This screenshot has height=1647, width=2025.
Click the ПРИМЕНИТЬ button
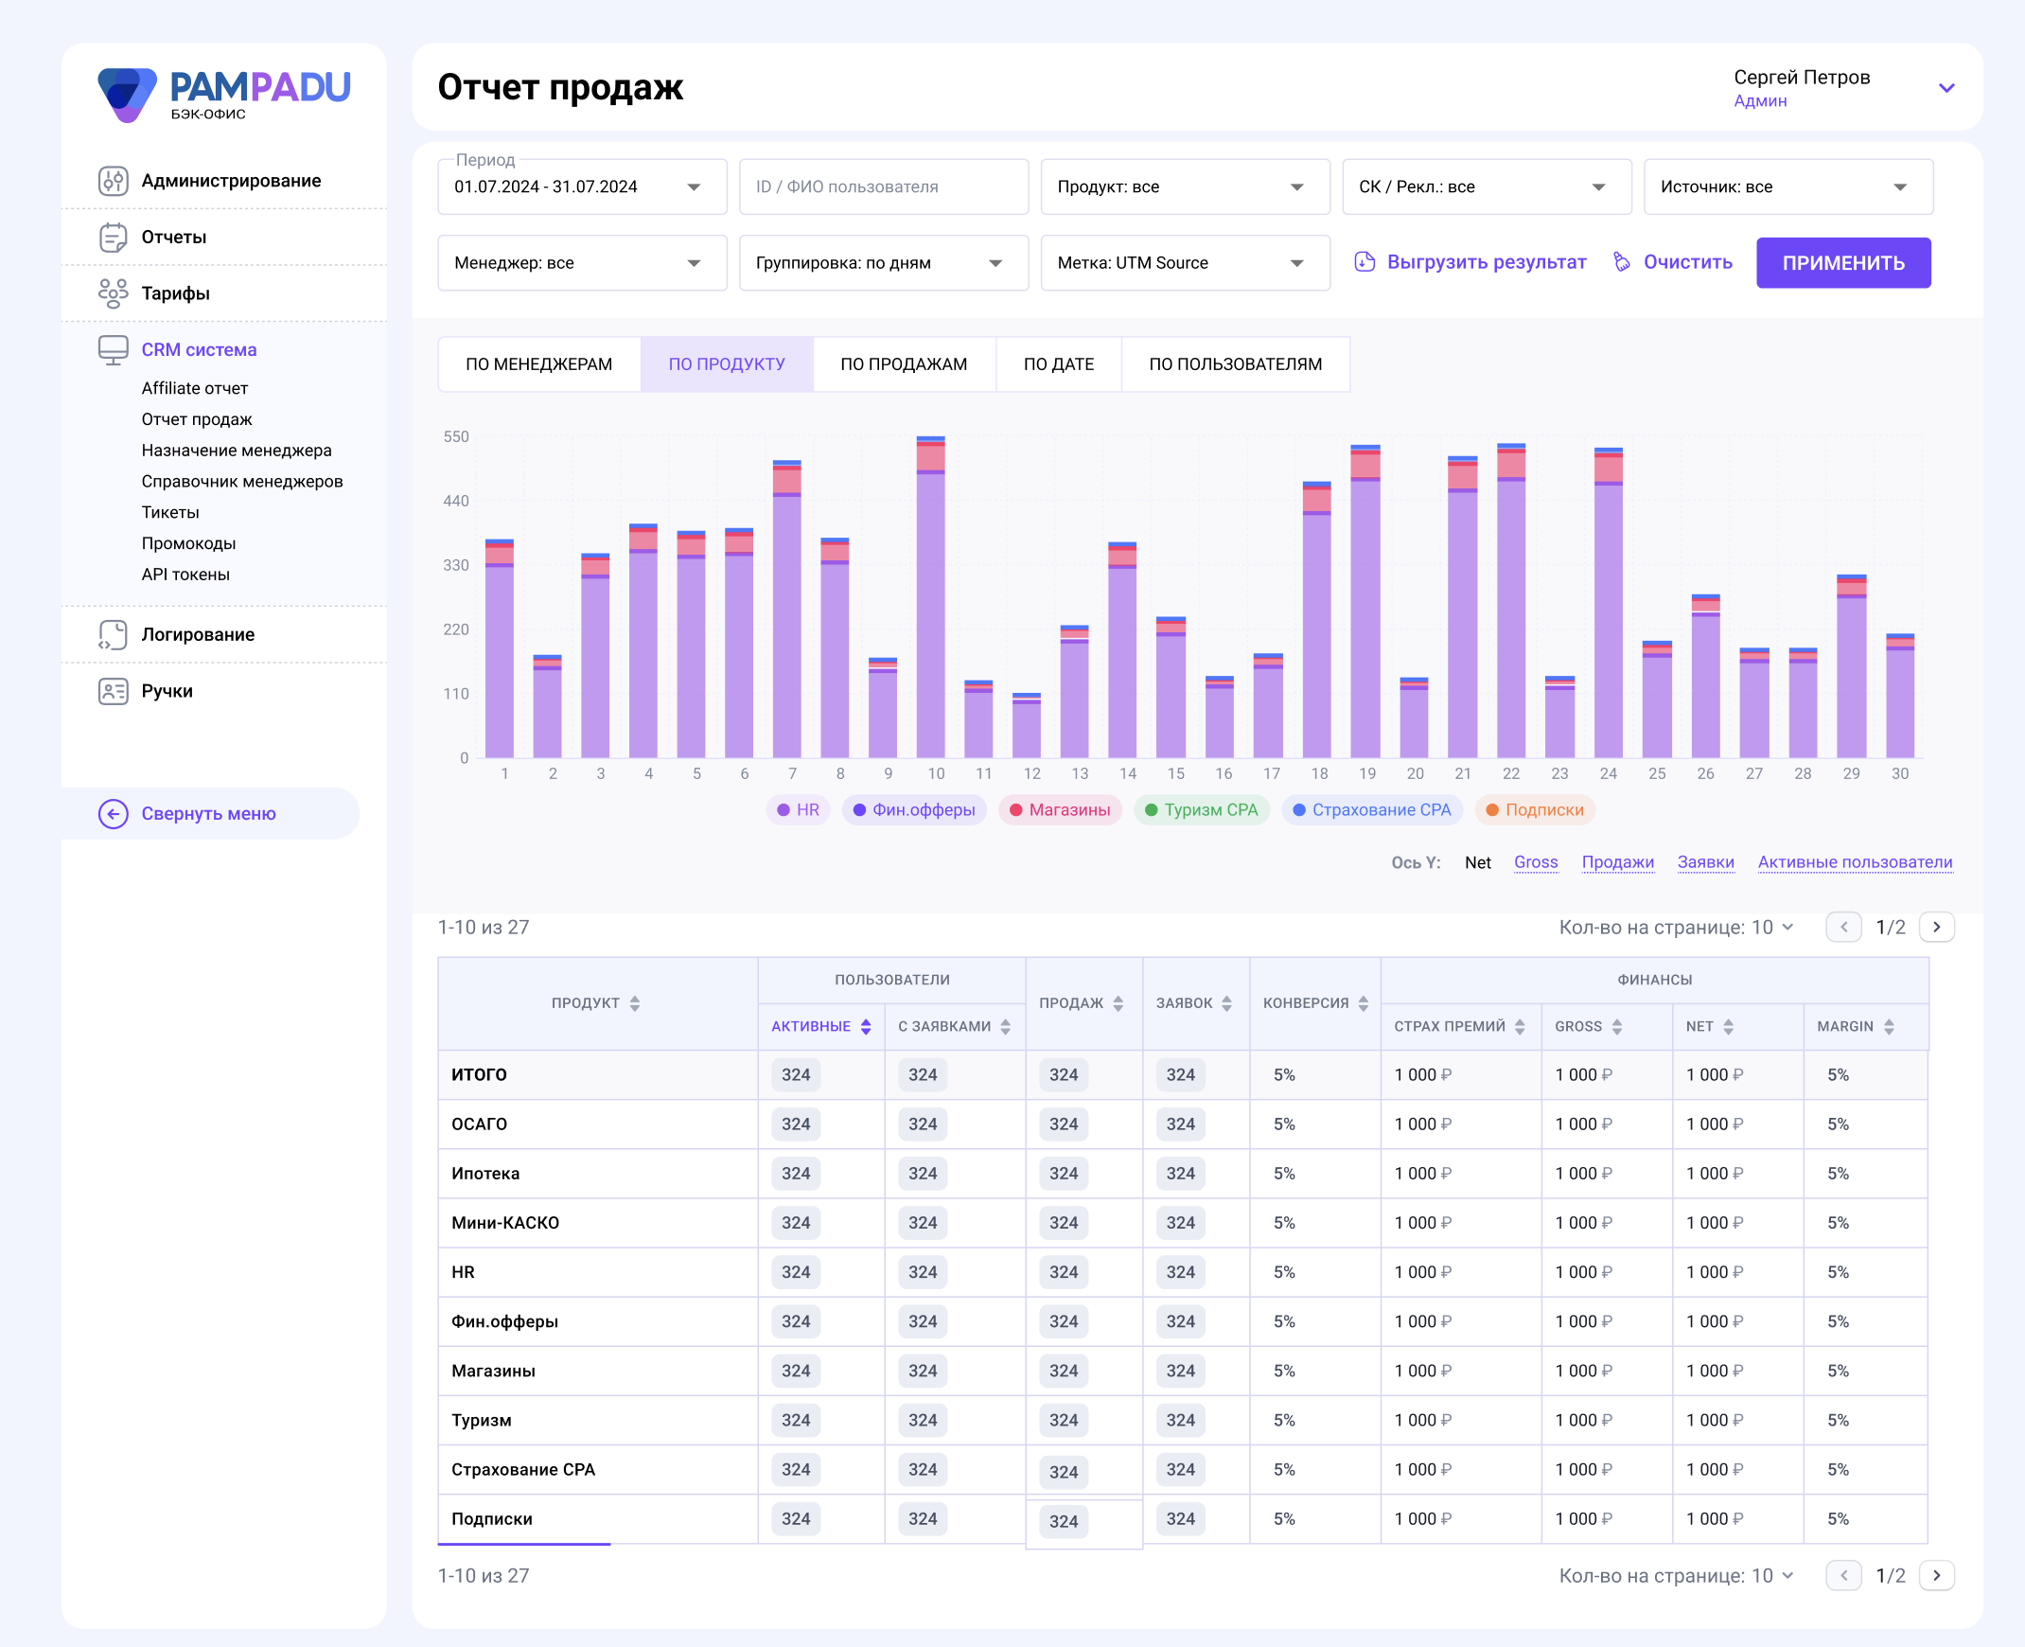tap(1843, 263)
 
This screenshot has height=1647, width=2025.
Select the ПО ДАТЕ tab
tap(1059, 364)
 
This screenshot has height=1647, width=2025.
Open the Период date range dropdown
tap(581, 186)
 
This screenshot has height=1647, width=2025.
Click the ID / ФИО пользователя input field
tap(883, 186)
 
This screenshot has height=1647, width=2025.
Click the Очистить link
tap(1673, 262)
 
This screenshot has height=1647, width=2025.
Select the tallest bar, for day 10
tap(930, 596)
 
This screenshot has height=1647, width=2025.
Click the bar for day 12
tap(1027, 726)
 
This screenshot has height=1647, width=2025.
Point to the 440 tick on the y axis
tap(456, 501)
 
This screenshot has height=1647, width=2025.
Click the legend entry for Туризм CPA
tap(1201, 810)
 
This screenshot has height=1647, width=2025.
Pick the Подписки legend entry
tap(1535, 810)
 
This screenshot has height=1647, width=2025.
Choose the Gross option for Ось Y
tap(1536, 862)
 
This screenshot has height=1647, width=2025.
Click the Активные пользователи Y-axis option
tap(1855, 862)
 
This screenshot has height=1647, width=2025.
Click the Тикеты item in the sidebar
tap(170, 512)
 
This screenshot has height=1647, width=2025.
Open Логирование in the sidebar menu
tap(198, 635)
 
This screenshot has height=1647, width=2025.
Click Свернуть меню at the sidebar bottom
tap(209, 814)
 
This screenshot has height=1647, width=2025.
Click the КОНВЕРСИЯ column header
tap(1306, 1003)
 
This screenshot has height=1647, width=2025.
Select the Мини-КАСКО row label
tap(505, 1223)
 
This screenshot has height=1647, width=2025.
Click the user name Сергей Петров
tap(1801, 78)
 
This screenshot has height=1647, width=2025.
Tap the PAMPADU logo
tap(224, 94)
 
